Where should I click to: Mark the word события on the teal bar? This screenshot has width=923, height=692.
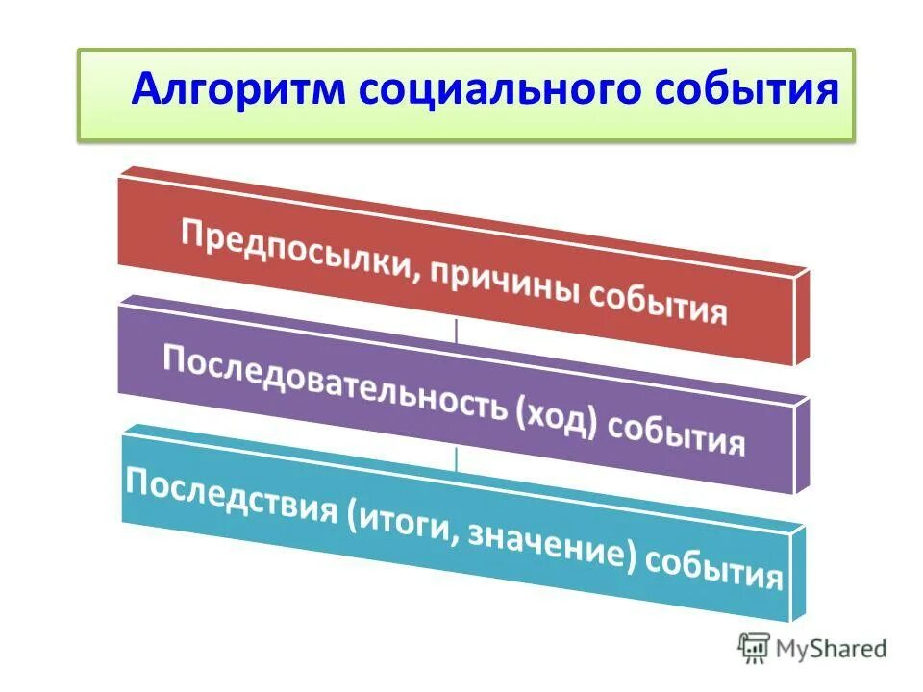point(712,573)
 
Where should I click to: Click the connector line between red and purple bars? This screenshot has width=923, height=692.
point(456,330)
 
